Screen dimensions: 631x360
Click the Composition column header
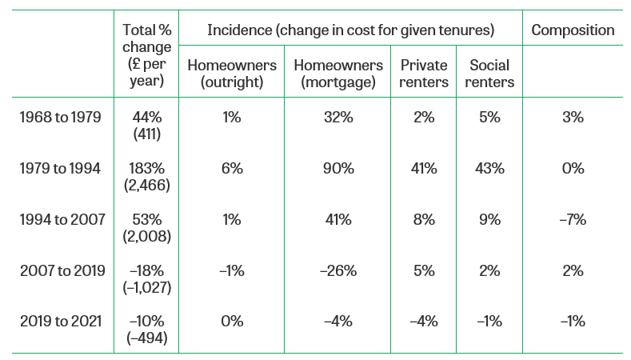[573, 30]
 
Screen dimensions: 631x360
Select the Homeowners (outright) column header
[232, 74]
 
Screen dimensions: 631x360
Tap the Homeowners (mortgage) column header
[338, 74]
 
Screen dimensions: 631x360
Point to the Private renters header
[424, 74]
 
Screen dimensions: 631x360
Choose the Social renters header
[489, 74]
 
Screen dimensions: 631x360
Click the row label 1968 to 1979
[60, 117]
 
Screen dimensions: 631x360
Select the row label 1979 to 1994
[60, 168]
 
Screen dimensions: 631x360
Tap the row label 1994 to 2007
[62, 219]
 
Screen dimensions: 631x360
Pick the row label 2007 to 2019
[62, 270]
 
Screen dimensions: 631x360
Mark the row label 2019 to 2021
[61, 322]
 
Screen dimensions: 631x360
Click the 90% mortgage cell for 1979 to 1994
[338, 168]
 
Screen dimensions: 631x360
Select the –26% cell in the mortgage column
[338, 270]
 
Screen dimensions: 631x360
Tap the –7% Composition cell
[573, 219]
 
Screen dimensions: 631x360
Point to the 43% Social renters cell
[489, 168]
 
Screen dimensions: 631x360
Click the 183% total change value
[147, 168]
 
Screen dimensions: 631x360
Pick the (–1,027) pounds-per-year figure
[147, 287]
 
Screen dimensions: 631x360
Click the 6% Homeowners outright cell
[232, 168]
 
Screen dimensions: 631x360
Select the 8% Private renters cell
[424, 219]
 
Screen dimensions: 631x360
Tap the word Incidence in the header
[239, 30]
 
